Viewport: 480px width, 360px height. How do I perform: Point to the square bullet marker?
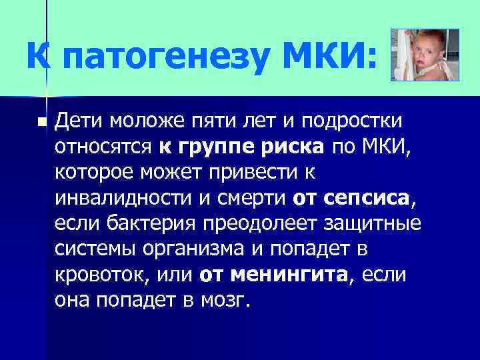pyautogui.click(x=41, y=123)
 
